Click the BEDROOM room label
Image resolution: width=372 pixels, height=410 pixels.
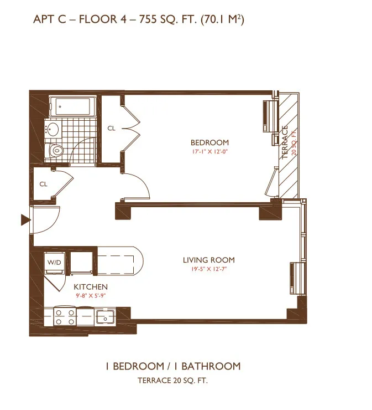209,142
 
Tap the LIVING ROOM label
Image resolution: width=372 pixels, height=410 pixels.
208,260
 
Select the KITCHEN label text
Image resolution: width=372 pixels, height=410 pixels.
91,287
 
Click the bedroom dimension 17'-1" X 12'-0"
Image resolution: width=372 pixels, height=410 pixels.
209,151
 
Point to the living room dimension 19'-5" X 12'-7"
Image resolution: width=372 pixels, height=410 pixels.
208,270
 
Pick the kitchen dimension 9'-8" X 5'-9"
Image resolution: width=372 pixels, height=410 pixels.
91,295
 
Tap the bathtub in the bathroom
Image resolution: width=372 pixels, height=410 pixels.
72,105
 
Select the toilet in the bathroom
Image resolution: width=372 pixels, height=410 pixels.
56,150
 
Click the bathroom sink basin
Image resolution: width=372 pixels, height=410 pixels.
54,130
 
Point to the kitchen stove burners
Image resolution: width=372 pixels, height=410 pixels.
65,317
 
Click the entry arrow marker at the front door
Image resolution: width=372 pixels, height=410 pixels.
25,221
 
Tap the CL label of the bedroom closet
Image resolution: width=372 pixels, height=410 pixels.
112,129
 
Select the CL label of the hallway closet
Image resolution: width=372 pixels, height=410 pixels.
43,184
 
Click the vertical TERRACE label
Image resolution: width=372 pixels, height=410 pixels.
285,143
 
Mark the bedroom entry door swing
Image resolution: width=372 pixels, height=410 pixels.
136,186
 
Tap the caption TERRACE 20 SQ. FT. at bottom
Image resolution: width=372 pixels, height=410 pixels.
172,381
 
